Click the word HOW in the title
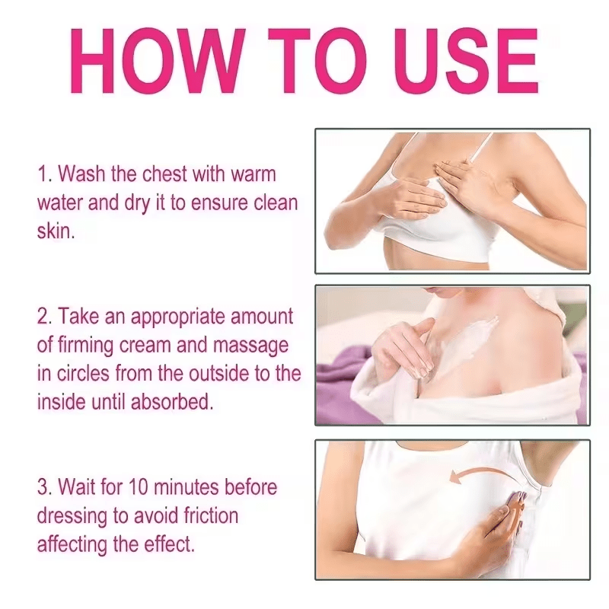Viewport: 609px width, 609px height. click(158, 61)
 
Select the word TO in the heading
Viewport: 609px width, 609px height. click(317, 61)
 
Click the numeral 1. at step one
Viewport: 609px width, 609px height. click(45, 174)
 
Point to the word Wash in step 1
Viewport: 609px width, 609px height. click(81, 174)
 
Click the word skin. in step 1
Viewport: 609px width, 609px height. click(56, 231)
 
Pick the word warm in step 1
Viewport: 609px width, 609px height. click(253, 174)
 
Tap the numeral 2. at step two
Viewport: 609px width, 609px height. click(45, 317)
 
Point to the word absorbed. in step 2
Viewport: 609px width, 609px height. click(172, 402)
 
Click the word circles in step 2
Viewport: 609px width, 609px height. click(83, 373)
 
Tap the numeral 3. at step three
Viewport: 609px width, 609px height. click(45, 487)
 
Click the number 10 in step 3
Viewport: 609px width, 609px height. click(138, 487)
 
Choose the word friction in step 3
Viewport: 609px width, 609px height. click(211, 515)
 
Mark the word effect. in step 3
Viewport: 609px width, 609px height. click(169, 544)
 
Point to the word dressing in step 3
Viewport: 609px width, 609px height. click(72, 516)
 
